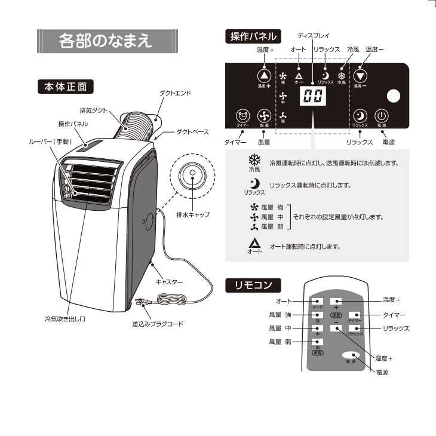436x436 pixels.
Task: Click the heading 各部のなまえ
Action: pos(107,42)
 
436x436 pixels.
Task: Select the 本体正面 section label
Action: pos(66,87)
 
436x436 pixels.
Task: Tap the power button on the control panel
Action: pos(382,116)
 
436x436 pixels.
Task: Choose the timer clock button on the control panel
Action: pos(242,116)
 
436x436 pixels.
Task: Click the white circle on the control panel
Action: pos(394,96)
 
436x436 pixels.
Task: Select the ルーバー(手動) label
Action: pos(50,142)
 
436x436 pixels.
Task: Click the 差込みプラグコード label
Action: pos(158,324)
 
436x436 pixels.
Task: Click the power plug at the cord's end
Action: pos(141,303)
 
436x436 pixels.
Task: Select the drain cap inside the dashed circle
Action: pos(192,174)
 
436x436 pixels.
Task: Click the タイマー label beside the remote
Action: pos(394,314)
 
